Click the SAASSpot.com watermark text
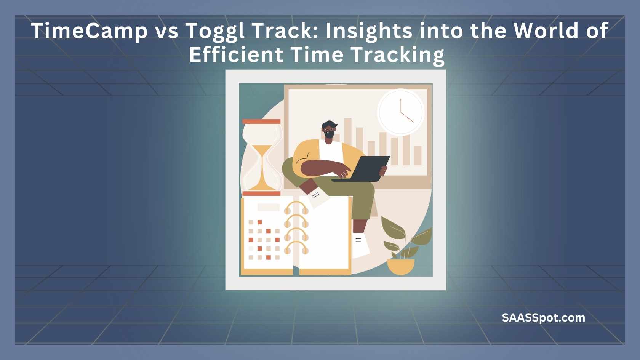543,318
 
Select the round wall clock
401,112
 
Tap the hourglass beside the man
261,157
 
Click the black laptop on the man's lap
361,169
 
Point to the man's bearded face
329,131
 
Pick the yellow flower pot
401,267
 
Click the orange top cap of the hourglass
261,122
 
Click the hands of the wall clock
405,111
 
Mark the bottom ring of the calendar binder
296,247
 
